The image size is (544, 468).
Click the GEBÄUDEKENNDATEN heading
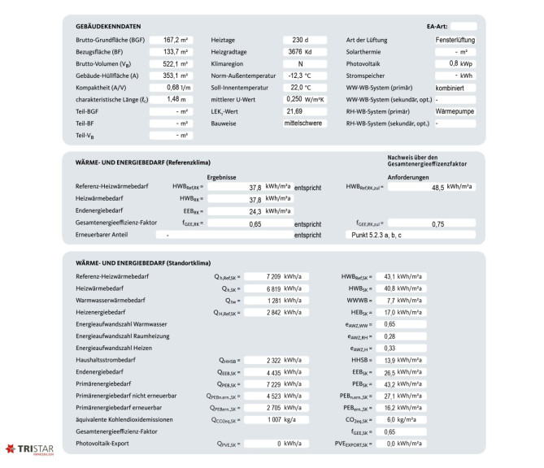[108, 26]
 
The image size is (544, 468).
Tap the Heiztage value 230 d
[304, 39]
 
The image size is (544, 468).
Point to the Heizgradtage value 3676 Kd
[304, 51]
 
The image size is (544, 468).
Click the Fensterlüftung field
[455, 39]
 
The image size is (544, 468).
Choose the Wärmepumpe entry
[455, 110]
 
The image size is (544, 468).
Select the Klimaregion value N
[304, 63]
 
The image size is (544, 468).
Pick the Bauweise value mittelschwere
[304, 123]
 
